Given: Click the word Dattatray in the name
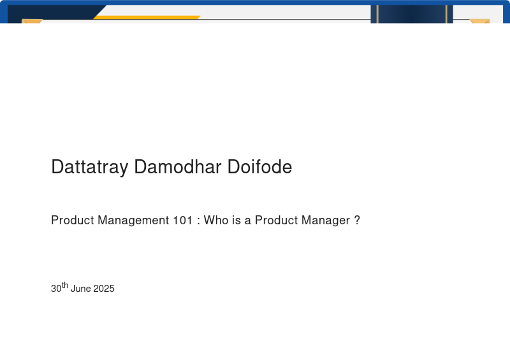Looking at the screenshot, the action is [x=89, y=168].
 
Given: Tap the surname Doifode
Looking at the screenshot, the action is [x=259, y=167].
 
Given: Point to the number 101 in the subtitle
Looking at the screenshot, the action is [x=182, y=220].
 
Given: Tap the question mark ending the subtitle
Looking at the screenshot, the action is [x=357, y=220].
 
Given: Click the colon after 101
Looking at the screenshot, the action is [x=199, y=222].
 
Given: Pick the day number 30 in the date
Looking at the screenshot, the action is [x=56, y=289].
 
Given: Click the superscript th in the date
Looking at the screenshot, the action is [x=65, y=285].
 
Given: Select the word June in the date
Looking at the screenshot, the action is [x=81, y=289].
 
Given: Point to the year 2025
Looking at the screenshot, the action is [x=104, y=289].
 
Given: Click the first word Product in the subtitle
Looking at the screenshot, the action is [x=73, y=220].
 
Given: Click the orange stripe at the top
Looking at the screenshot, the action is [x=147, y=17].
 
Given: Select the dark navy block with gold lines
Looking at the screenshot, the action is [x=412, y=14].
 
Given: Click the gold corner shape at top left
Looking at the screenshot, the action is [x=32, y=21].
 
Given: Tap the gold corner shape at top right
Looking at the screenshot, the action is [x=480, y=21].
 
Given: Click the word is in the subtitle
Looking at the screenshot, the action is [x=237, y=220].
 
